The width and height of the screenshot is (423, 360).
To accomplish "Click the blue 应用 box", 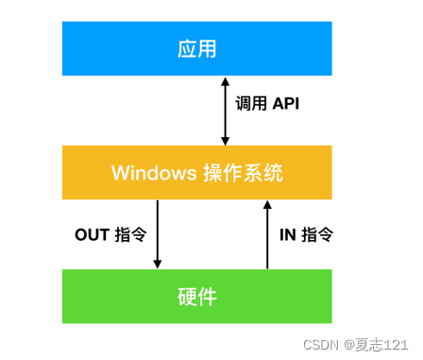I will coord(196,48).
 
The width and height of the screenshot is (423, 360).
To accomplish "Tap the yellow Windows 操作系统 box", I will coord(196,172).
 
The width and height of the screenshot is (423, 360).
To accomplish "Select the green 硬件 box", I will coord(196,296).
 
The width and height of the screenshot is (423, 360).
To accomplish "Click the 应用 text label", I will coord(196,49).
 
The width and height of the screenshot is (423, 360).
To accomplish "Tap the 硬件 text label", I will coord(196,297).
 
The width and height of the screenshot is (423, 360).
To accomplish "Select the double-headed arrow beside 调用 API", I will coord(225,111).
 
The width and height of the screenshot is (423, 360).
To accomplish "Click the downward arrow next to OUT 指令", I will coord(157,234).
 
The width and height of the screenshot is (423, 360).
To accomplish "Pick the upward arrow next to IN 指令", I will coord(267,234).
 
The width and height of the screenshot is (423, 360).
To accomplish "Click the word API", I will coord(285,105).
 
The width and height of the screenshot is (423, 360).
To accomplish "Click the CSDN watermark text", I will coord(322,346).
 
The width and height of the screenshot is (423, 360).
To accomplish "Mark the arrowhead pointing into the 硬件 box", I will coord(157,264).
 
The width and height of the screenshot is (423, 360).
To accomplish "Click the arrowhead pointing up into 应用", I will coord(225,82).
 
